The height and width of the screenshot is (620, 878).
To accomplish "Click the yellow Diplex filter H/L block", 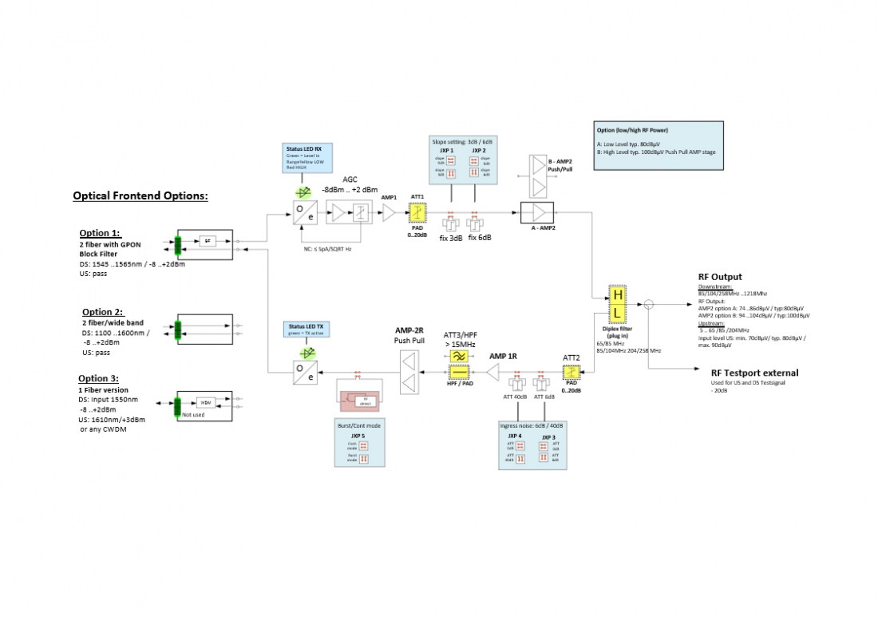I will coord(617,304).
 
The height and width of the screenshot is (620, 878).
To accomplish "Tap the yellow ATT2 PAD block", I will coord(570,372).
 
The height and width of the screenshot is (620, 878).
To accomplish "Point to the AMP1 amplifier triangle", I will coord(390,213).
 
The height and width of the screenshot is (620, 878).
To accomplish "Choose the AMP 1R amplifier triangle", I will coord(495,372).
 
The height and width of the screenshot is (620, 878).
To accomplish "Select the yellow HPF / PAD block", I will coord(459,373).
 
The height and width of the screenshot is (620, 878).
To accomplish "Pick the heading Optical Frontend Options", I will coord(140,195).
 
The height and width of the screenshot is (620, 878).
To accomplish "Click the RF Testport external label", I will coord(754,373).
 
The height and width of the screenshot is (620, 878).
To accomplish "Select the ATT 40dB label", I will coord(515,397).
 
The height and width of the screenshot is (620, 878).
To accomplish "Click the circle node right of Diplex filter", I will coord(649,303).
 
